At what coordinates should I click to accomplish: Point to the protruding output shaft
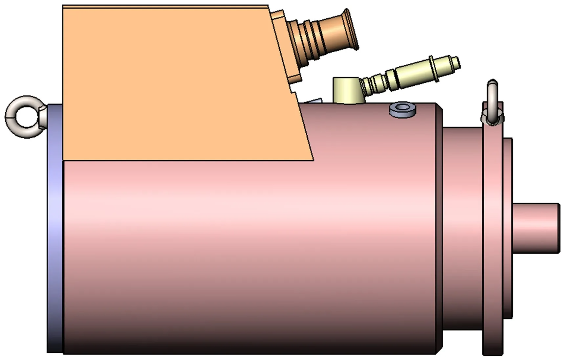[x=535, y=228]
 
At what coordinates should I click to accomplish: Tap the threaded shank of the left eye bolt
[x=43, y=117]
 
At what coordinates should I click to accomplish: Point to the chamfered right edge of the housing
[x=440, y=230]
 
